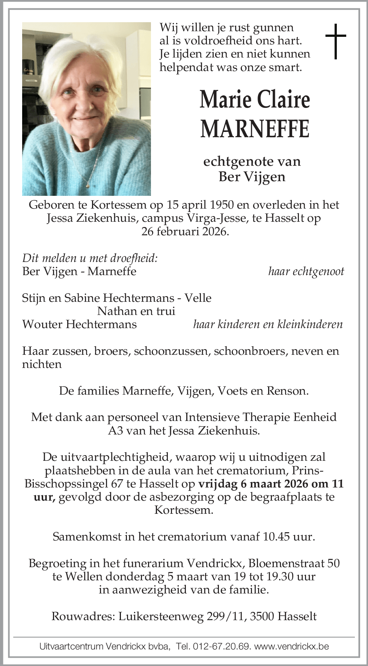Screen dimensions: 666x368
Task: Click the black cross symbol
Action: [335, 41]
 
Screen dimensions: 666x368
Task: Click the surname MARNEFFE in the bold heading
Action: [255, 129]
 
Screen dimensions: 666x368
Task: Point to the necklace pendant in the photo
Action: [87, 185]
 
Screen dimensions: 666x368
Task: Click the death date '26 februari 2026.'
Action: [185, 231]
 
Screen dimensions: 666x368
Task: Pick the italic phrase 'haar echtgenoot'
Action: [306, 271]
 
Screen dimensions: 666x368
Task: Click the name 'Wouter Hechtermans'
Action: [80, 324]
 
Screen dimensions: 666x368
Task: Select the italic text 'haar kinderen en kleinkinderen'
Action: [268, 324]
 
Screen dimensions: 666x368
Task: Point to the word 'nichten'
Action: [42, 364]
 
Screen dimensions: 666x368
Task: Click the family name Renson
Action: [287, 391]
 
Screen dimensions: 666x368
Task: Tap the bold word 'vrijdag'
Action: [218, 484]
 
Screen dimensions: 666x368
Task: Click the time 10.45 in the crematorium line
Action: [276, 537]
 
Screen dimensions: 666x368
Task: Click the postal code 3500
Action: [262, 616]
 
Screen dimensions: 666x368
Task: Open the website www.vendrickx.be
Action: [291, 646]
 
